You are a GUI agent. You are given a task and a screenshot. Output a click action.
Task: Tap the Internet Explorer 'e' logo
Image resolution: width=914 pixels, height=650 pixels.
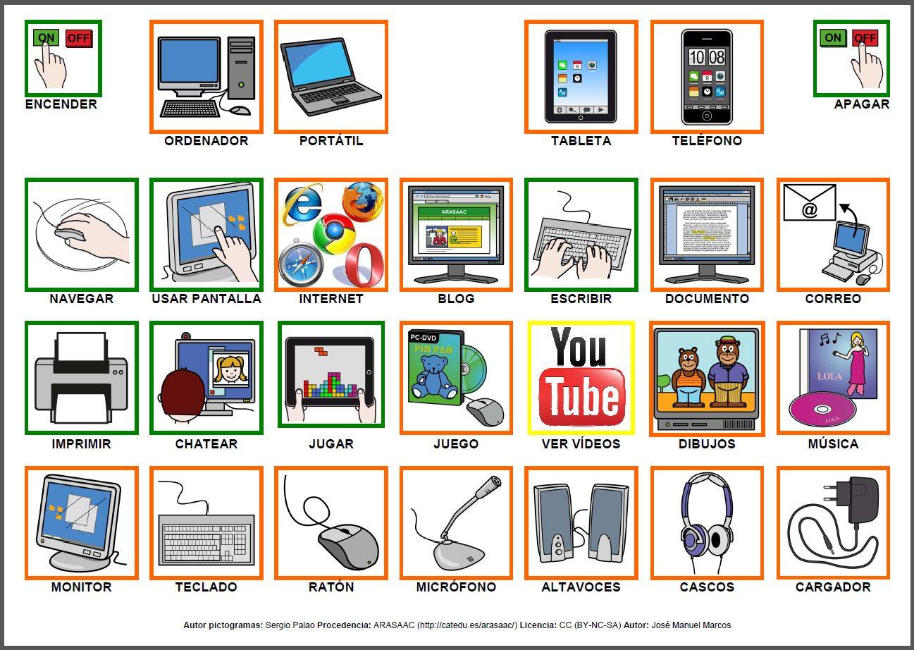pyautogui.click(x=302, y=205)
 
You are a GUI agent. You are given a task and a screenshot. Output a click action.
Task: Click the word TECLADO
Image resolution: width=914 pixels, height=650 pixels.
pyautogui.click(x=206, y=587)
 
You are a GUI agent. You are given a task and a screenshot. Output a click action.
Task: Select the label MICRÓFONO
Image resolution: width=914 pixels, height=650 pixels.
pyautogui.click(x=456, y=587)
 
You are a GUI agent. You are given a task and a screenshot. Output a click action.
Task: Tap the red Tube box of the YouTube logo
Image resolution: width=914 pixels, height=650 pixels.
pyautogui.click(x=581, y=398)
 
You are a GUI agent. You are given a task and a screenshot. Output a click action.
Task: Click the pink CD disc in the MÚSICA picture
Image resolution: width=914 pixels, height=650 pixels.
pyautogui.click(x=822, y=409)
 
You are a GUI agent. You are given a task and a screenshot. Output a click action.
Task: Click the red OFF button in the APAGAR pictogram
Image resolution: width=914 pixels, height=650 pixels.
pyautogui.click(x=865, y=38)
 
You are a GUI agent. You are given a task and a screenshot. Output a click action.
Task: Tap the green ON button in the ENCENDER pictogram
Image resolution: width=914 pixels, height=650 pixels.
pyautogui.click(x=47, y=37)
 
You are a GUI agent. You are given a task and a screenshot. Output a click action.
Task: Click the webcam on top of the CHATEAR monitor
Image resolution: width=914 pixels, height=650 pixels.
pyautogui.click(x=186, y=336)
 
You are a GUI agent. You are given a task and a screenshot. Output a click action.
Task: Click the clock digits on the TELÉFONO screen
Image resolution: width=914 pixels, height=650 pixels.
pyautogui.click(x=707, y=57)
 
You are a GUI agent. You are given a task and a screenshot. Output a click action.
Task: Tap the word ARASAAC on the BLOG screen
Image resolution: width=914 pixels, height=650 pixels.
pyautogui.click(x=455, y=211)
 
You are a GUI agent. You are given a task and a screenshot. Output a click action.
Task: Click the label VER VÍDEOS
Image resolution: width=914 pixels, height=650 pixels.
pyautogui.click(x=581, y=443)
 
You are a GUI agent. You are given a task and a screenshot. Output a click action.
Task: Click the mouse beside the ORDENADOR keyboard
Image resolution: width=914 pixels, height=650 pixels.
pyautogui.click(x=240, y=111)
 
